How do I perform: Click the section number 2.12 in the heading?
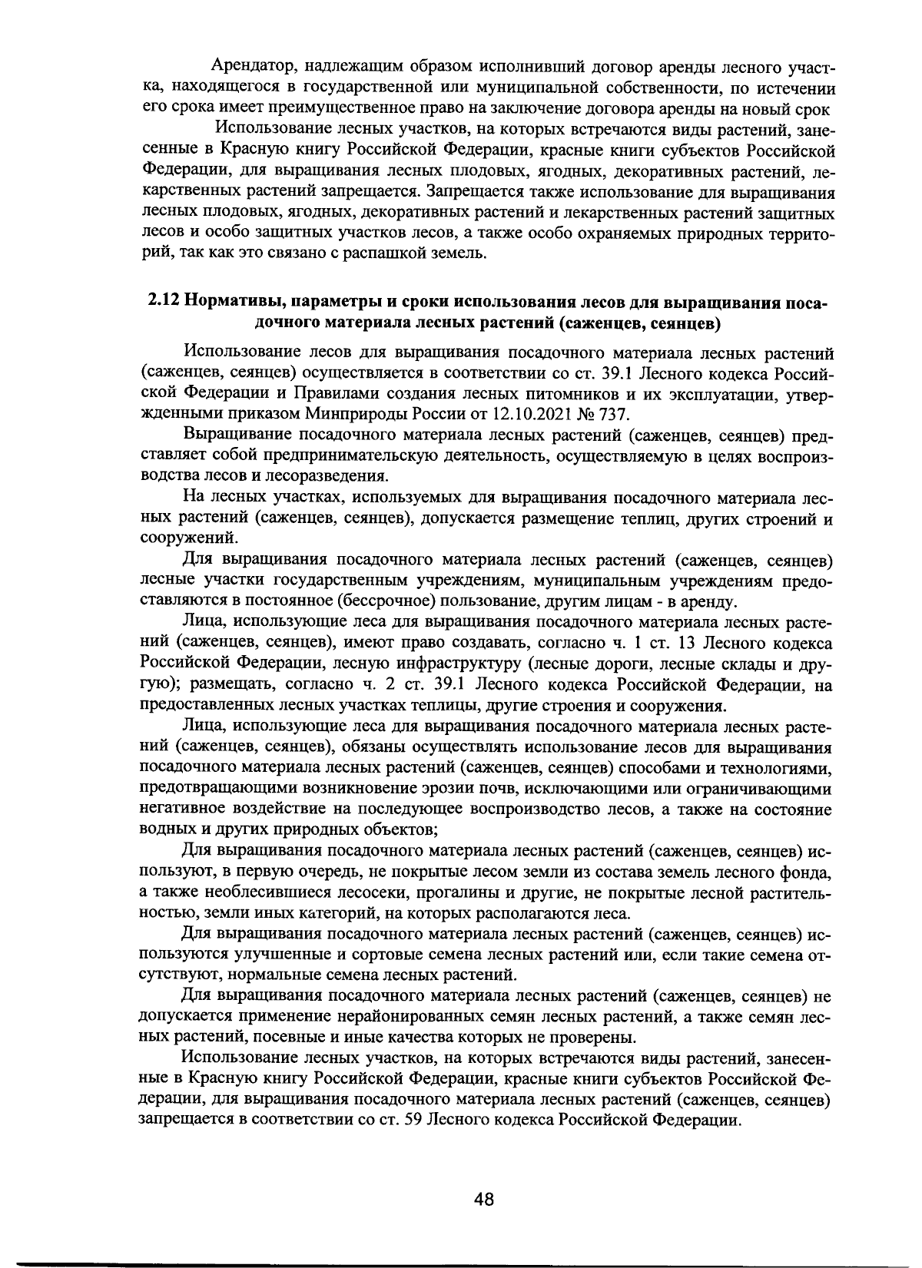(x=162, y=301)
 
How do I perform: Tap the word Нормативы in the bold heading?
(x=231, y=301)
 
